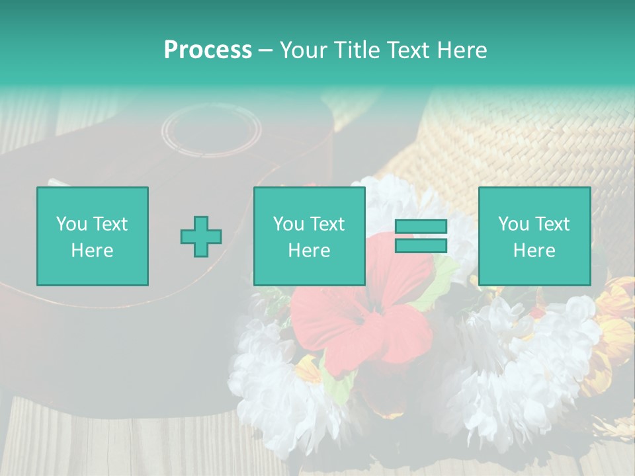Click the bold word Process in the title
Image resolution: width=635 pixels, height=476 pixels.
208,50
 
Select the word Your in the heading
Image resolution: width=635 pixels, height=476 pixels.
302,50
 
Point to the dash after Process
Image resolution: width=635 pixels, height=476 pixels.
265,51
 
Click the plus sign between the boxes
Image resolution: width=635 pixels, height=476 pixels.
201,236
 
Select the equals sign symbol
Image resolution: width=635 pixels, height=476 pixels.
421,236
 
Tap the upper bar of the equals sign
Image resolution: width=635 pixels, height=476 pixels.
421,226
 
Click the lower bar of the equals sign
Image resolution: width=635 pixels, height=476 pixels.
421,246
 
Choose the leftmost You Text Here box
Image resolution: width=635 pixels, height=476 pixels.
93,236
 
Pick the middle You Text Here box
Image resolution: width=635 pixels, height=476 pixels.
310,236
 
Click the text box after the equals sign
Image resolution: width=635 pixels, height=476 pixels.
534,236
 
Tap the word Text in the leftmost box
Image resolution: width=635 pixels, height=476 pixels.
110,224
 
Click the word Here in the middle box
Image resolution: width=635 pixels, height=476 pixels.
310,251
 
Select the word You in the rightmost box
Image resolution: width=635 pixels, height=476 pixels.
514,224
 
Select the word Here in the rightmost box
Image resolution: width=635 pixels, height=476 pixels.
534,251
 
